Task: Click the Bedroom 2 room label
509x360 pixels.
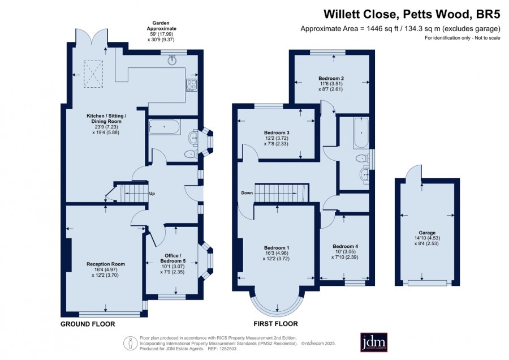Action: [331, 78]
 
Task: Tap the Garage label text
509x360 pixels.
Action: [427, 233]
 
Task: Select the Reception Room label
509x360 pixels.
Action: [106, 264]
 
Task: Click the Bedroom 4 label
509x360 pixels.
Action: [346, 246]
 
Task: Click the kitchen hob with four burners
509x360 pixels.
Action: [191, 85]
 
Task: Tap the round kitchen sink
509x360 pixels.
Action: [172, 60]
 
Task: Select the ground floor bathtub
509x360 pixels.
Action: [164, 127]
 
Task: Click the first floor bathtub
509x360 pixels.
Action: [361, 133]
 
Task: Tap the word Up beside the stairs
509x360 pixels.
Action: [152, 194]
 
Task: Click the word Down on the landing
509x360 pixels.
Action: [247, 193]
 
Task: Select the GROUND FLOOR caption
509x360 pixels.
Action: [88, 324]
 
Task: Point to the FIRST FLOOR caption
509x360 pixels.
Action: [275, 324]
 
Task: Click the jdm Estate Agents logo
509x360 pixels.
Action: [374, 342]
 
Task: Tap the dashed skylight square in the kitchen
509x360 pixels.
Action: [93, 74]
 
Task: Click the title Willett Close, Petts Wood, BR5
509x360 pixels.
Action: [412, 14]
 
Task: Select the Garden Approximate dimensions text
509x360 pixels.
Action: [161, 31]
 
